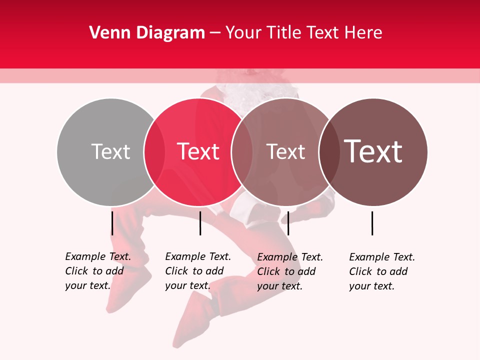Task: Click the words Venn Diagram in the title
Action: click(x=147, y=33)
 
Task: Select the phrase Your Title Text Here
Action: click(x=303, y=33)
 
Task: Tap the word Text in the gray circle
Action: click(x=110, y=152)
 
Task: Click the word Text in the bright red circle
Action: click(x=198, y=152)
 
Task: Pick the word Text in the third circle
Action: click(x=285, y=152)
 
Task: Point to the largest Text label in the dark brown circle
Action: click(x=373, y=151)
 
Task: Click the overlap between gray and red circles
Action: click(x=154, y=152)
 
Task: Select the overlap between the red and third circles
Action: click(x=242, y=152)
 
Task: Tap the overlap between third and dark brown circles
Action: click(x=329, y=152)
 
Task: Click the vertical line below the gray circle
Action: click(x=112, y=223)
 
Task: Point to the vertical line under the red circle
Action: click(x=200, y=223)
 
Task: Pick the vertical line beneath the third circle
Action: click(x=288, y=223)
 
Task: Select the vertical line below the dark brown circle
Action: click(x=372, y=223)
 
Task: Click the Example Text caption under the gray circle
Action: click(x=98, y=271)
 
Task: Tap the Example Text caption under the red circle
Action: click(x=198, y=271)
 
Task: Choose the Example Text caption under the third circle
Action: click(x=290, y=271)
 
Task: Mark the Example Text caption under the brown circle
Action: click(x=382, y=271)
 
